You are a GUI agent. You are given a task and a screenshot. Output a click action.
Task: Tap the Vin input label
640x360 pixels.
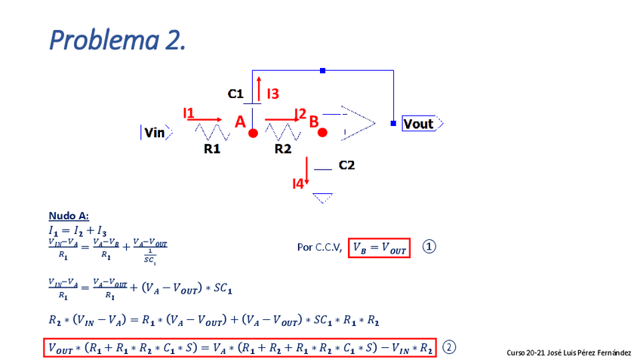[x=155, y=134]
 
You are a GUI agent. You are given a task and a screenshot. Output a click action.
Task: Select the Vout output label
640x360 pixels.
[x=419, y=124]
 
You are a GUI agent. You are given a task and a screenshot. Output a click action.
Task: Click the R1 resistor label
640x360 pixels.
[x=212, y=149]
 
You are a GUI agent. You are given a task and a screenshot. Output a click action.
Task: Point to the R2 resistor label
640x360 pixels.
[x=283, y=149]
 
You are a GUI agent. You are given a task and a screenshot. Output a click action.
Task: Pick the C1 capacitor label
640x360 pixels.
[x=235, y=94]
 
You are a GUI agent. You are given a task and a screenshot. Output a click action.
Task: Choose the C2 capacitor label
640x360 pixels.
[x=346, y=165]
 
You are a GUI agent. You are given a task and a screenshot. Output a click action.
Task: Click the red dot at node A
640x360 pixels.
[x=254, y=133]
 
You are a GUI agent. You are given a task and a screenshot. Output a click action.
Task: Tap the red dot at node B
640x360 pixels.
[x=322, y=133]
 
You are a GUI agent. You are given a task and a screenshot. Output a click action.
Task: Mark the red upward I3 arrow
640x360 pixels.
[x=259, y=88]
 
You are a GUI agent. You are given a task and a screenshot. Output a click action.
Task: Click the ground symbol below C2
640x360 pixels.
[x=323, y=198]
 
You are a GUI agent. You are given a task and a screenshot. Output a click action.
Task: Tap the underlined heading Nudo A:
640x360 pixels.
[x=69, y=216]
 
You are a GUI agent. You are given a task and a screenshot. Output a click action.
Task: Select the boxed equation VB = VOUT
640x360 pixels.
[x=379, y=247]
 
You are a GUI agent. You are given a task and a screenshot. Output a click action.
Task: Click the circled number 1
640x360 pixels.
[x=429, y=247]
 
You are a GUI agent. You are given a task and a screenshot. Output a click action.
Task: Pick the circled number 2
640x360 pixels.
[x=449, y=347]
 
